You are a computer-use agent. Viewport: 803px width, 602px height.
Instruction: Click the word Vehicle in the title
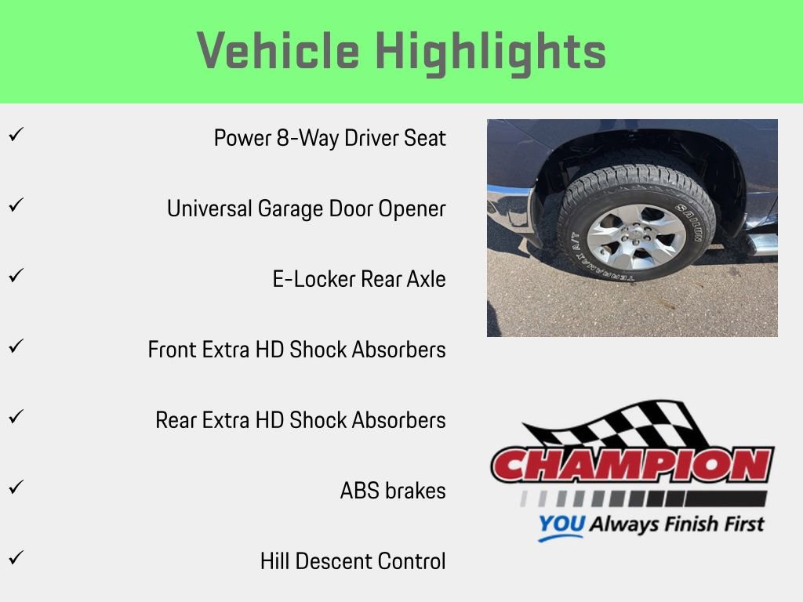(x=278, y=52)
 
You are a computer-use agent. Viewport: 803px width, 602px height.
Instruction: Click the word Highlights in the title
(x=490, y=52)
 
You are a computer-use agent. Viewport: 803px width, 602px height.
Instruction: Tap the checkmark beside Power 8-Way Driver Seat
(x=14, y=135)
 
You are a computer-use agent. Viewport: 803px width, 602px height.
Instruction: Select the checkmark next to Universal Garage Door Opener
(x=14, y=205)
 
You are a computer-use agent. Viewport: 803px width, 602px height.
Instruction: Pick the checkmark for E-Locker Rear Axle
(x=14, y=276)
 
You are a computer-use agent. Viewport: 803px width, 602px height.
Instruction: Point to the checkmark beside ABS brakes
(x=14, y=488)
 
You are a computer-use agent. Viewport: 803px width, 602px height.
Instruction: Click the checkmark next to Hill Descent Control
(x=14, y=558)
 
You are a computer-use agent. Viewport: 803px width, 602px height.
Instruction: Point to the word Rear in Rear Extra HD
(x=176, y=420)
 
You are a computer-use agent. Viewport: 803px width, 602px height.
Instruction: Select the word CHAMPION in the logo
(x=632, y=466)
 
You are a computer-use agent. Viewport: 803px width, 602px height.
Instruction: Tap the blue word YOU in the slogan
(x=561, y=525)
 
